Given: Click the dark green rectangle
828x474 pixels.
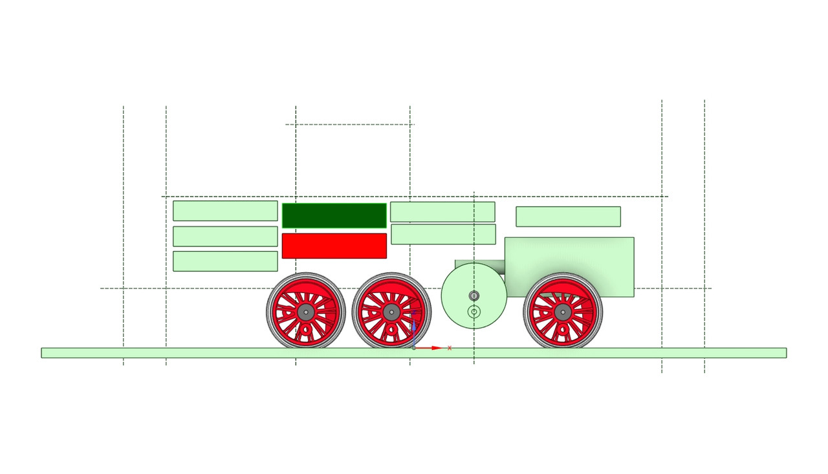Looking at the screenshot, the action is [334, 215].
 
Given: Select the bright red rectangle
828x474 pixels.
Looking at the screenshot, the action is [334, 246].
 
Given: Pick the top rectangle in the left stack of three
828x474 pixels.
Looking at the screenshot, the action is [225, 211].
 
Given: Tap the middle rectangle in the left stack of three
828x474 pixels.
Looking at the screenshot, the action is [225, 236].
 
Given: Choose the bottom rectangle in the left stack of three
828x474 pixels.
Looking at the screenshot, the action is [225, 261].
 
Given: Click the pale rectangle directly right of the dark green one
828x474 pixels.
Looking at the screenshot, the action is [442, 211].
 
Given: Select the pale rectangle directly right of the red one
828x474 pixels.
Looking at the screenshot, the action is [443, 234].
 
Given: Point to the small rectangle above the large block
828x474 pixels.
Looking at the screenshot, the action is [568, 217].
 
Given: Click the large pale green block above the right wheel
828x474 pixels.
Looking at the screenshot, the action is [569, 259].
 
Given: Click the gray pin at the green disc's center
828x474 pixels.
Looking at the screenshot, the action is [474, 296].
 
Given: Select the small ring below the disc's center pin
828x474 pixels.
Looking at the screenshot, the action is [474, 312].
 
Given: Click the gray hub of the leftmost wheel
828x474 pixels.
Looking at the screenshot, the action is [306, 312].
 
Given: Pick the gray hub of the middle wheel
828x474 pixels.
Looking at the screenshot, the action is [391, 312].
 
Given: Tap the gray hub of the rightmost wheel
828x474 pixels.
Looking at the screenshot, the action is [563, 312].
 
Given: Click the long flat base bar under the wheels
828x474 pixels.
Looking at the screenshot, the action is [194, 353].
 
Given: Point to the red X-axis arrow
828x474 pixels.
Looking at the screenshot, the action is [430, 348].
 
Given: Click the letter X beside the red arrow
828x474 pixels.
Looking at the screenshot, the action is [450, 348].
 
